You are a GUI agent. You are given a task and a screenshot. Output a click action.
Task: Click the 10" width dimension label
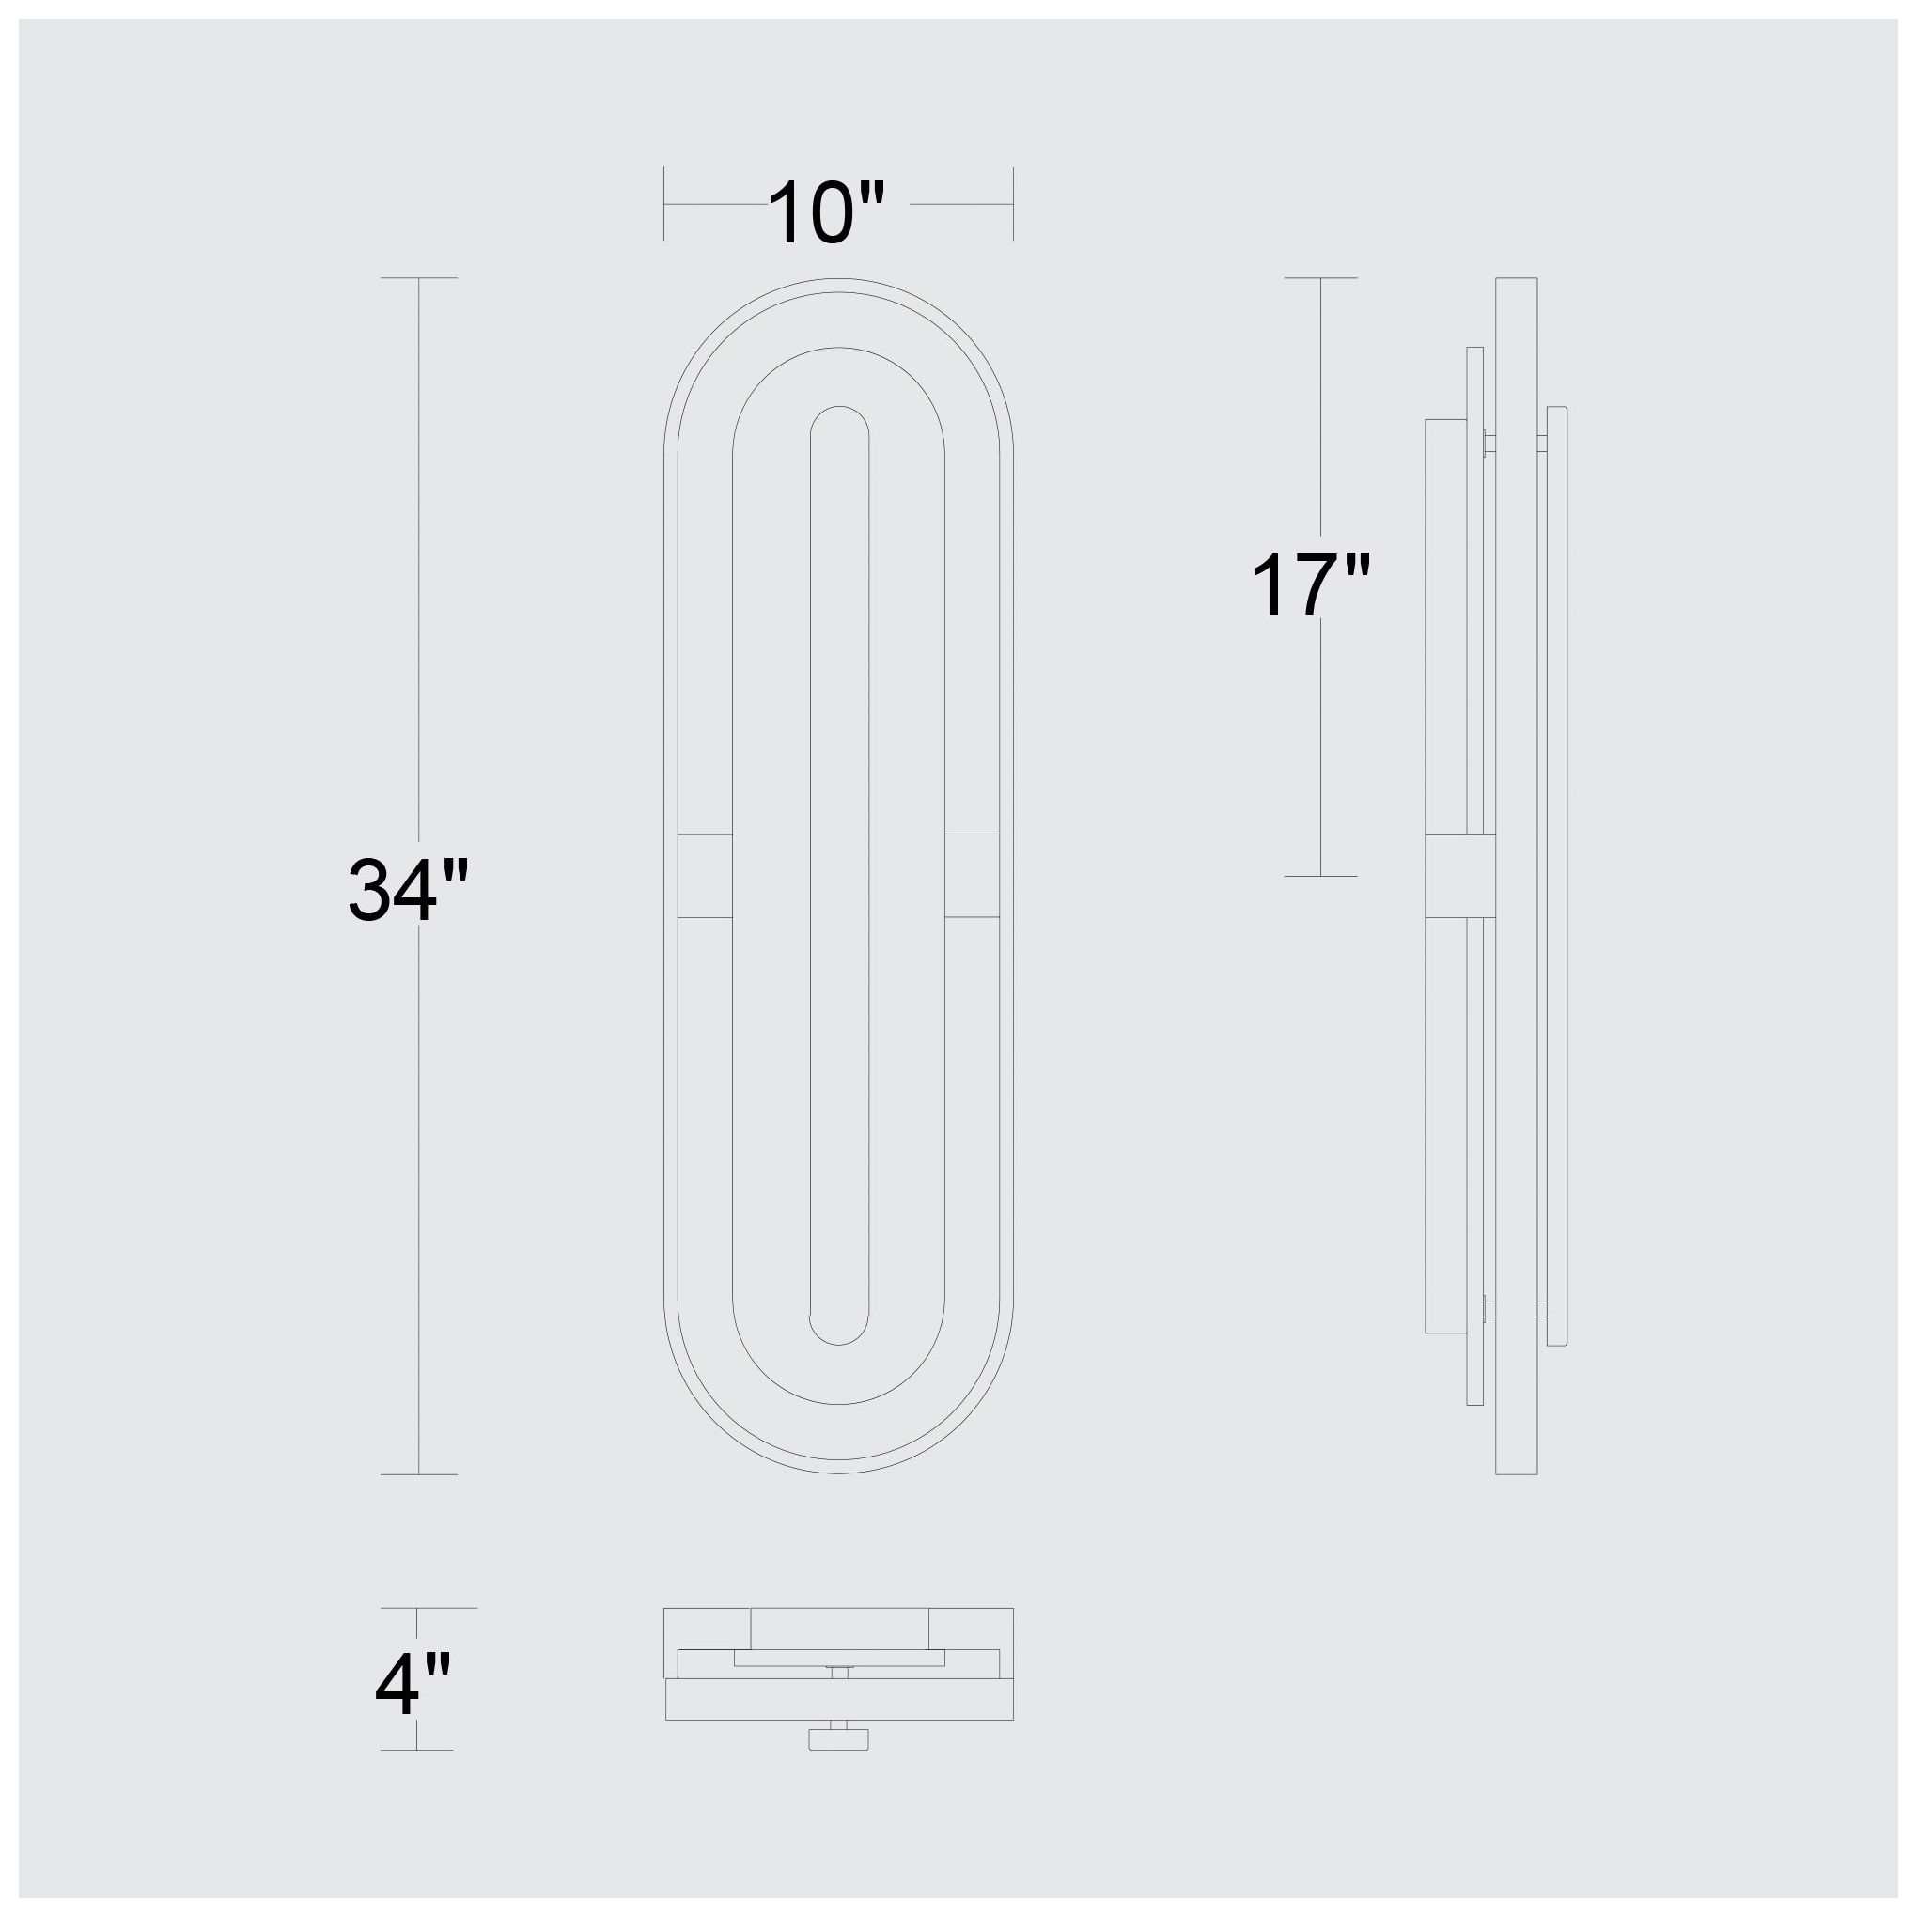pyautogui.click(x=826, y=212)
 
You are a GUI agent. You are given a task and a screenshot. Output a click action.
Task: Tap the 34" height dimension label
pyautogui.click(x=407, y=890)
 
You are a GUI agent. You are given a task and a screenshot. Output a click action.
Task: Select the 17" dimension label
pyautogui.click(x=1310, y=585)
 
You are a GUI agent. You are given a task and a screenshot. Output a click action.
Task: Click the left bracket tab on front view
pyautogui.click(x=705, y=875)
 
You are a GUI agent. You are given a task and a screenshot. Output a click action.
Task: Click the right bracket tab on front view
pyautogui.click(x=973, y=875)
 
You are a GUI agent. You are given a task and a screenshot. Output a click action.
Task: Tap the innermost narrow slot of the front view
pyautogui.click(x=839, y=873)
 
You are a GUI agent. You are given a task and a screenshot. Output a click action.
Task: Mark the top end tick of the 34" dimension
pyautogui.click(x=419, y=278)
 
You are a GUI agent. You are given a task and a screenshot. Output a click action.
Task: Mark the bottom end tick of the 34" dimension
pyautogui.click(x=419, y=1474)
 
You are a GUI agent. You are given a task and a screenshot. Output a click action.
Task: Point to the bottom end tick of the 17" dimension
pyautogui.click(x=1320, y=876)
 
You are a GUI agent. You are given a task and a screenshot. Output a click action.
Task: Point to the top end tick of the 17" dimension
pyautogui.click(x=1320, y=278)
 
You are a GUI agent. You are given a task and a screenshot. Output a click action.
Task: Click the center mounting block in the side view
pyautogui.click(x=1459, y=875)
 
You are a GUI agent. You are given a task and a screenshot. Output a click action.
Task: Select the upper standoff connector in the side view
pyautogui.click(x=1488, y=443)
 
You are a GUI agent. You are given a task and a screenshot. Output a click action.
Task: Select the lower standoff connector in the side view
pyautogui.click(x=1488, y=1309)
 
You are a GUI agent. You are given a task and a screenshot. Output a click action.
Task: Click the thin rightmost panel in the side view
pyautogui.click(x=1557, y=875)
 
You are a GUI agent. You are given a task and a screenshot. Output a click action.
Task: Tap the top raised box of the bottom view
pyautogui.click(x=839, y=1628)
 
